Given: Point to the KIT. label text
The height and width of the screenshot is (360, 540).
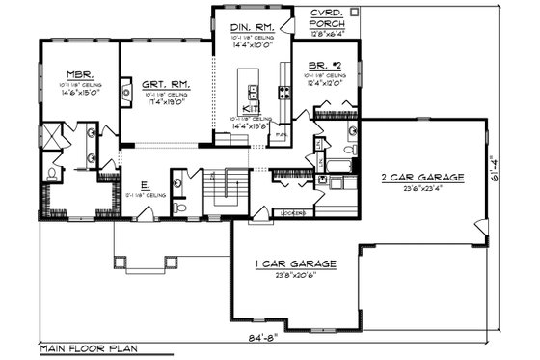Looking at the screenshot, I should tap(249, 109).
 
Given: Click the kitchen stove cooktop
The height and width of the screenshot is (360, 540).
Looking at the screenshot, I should tap(284, 93).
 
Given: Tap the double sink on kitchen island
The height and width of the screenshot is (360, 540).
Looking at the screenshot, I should tap(255, 93).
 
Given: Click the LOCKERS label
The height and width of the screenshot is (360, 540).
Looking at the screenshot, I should tap(292, 211).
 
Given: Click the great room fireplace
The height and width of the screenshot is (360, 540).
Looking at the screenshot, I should tap(126, 92).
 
